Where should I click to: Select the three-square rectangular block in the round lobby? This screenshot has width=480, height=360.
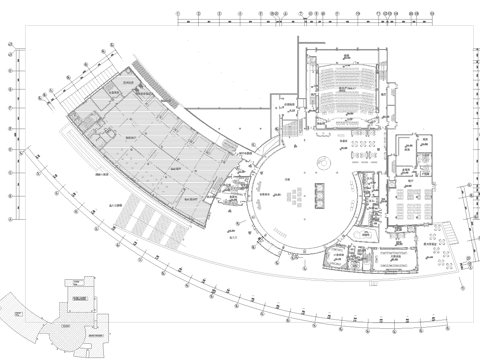coord(320,192)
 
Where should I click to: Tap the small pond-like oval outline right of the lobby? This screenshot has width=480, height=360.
coord(356,181)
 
